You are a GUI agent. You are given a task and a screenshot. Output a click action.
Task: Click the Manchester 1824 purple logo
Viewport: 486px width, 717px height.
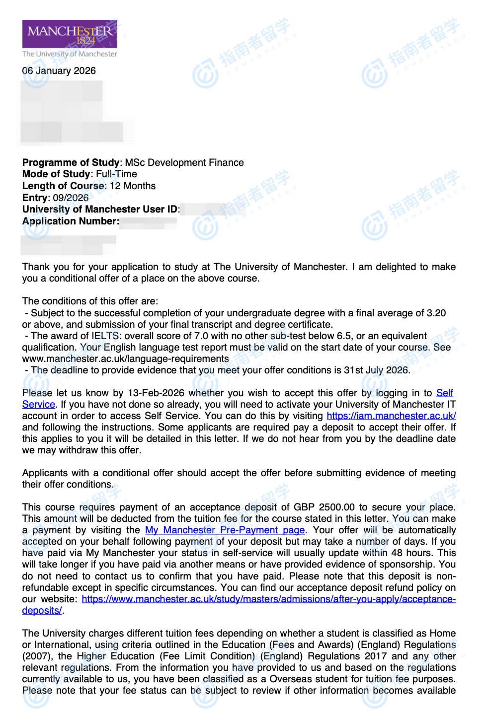[70, 34]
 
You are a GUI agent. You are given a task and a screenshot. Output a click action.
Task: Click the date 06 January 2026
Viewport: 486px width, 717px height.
[59, 71]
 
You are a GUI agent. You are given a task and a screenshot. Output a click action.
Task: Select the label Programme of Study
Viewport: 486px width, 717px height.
[71, 163]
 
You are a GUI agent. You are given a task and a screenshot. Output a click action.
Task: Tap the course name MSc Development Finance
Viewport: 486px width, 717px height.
[184, 163]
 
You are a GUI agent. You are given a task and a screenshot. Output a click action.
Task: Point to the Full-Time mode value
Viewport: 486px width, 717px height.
[116, 174]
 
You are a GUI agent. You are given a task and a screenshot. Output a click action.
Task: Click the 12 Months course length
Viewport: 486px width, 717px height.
[133, 186]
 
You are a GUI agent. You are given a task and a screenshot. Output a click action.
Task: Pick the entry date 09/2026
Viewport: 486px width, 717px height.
[71, 198]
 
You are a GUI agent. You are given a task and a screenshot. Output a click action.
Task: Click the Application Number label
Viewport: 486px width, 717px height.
[71, 221]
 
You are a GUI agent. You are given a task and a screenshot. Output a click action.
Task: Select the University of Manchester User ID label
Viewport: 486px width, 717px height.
[100, 210]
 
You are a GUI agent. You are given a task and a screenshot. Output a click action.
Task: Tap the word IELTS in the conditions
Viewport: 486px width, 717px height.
[105, 336]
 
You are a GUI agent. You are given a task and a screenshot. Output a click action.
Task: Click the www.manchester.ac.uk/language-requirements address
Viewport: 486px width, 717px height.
[125, 359]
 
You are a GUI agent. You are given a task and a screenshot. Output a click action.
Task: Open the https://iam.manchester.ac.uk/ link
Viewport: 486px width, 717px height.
[391, 416]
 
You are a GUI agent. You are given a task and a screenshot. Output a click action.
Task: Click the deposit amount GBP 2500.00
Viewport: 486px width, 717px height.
[324, 507]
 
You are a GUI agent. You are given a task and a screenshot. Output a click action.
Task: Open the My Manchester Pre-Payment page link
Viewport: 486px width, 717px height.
[225, 530]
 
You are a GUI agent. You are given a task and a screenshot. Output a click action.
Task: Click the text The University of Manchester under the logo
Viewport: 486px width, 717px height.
[70, 54]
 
